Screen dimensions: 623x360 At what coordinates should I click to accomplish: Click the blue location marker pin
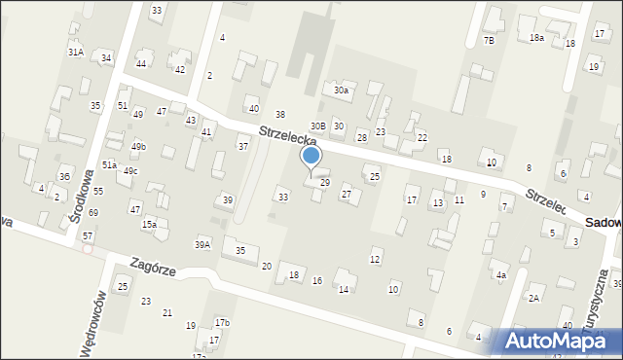(x=311, y=157)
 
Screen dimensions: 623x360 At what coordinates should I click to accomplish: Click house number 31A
(x=75, y=52)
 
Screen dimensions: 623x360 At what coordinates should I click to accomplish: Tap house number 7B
(x=489, y=41)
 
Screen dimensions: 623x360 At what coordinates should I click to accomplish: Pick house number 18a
(x=536, y=37)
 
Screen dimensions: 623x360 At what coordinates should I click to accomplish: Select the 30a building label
(x=341, y=90)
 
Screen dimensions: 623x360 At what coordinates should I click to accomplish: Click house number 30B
(x=317, y=126)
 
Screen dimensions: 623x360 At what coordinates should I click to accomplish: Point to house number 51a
(x=109, y=165)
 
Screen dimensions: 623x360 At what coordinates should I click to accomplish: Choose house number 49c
(x=129, y=171)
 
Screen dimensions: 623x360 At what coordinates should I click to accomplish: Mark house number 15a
(x=149, y=225)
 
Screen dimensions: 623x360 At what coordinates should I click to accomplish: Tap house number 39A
(x=202, y=245)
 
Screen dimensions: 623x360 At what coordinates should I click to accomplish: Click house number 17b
(x=222, y=323)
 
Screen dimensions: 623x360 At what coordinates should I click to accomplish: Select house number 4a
(x=501, y=275)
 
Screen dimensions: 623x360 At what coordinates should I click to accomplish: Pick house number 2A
(x=534, y=298)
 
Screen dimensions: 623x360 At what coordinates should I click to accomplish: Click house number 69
(x=92, y=212)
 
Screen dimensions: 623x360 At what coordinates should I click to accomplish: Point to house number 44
(x=141, y=63)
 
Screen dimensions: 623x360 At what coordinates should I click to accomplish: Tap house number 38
(x=279, y=116)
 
